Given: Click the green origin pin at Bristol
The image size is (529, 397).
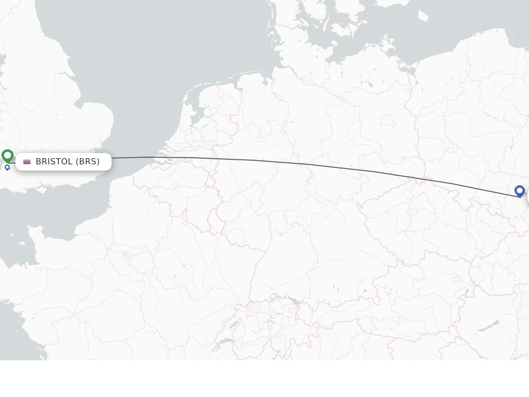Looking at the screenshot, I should point(7,155).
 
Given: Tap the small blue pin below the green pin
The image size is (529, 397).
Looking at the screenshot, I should point(7,167).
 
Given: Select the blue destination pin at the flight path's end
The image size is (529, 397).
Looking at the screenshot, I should point(519,191).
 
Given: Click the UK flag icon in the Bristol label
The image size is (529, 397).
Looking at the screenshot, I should point(27,162).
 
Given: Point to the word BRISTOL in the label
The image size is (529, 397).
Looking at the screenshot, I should point(54,162).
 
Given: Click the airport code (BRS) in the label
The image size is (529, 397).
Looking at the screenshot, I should point(88,162).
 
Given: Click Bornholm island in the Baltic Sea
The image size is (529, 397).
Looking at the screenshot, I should point(423,16).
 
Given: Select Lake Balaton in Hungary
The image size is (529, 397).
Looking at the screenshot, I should point(488,326).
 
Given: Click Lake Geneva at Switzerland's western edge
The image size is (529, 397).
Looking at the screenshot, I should point(226,342).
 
